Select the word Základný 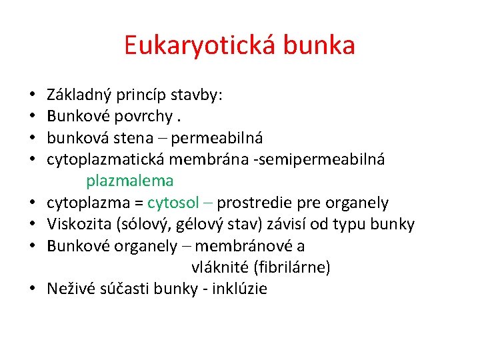(x=77, y=95)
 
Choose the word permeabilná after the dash (x=218, y=138)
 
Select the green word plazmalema (x=129, y=180)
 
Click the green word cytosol (x=173, y=202)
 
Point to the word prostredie (x=254, y=202)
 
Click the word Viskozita (x=75, y=224)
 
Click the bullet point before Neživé (x=32, y=289)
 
